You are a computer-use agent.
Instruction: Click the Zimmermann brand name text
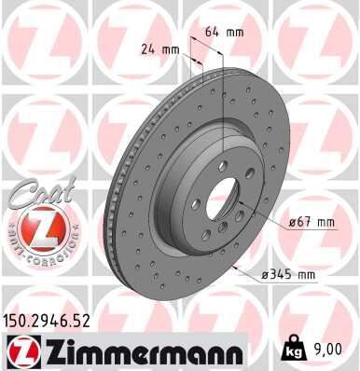[x=148, y=353]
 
